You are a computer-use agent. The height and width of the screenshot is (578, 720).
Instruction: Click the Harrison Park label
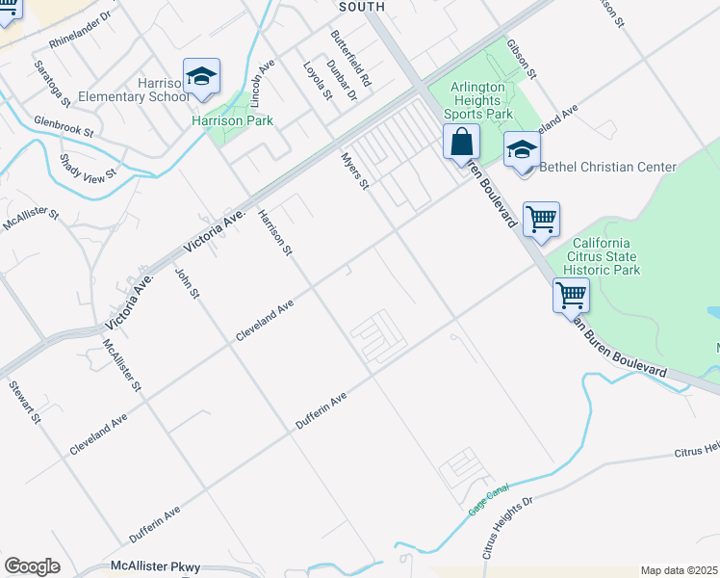tap(232, 121)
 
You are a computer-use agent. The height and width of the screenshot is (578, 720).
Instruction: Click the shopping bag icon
tap(462, 143)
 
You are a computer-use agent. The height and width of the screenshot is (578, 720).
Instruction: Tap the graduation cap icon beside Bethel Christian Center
tap(523, 151)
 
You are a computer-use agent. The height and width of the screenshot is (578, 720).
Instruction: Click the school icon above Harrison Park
tap(202, 77)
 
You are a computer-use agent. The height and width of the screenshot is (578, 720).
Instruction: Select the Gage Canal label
tap(488, 499)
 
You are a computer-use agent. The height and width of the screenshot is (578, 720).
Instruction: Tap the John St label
tap(186, 282)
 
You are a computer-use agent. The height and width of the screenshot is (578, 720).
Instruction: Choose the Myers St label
tap(356, 170)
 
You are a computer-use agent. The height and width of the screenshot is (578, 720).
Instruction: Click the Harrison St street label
tap(274, 234)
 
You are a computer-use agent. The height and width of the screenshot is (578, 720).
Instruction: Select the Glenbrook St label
tap(63, 125)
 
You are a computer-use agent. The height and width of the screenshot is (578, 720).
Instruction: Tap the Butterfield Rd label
tap(350, 59)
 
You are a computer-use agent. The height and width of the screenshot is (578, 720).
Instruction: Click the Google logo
tap(32, 566)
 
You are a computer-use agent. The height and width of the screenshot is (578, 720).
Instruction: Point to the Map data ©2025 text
tap(679, 570)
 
